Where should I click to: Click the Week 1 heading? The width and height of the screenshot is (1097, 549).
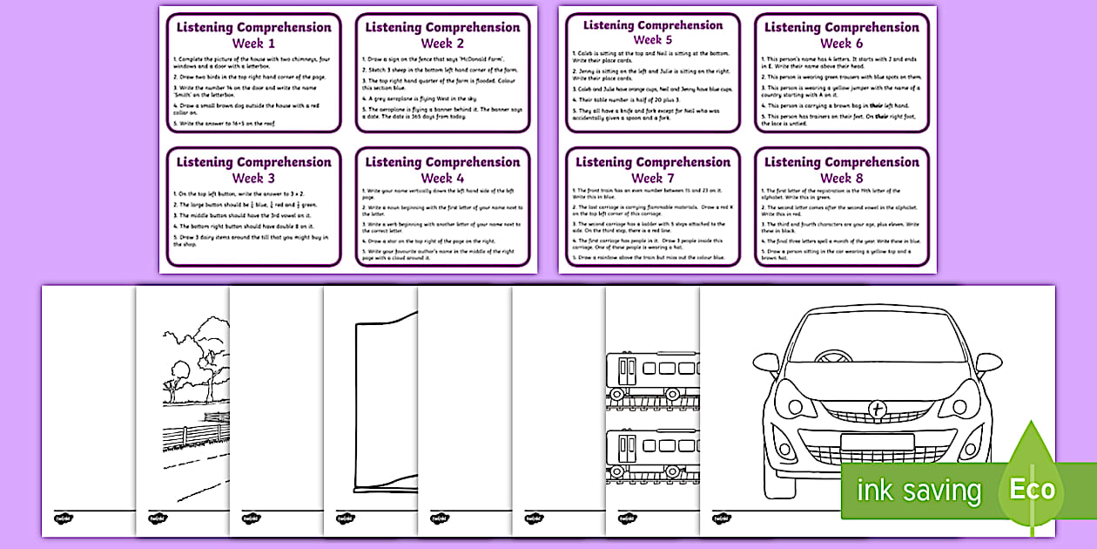pos(253,44)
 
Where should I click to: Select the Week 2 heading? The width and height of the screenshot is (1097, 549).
pos(442,44)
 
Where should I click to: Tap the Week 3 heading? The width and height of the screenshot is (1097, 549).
pos(253,178)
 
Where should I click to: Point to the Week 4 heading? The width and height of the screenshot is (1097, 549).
pos(442,178)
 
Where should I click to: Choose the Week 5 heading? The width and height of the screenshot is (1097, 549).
pos(652,40)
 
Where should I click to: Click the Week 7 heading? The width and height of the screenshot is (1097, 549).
pos(652,178)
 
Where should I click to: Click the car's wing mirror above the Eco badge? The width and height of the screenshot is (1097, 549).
pos(988,362)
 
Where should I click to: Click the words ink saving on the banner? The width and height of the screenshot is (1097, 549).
pos(919,491)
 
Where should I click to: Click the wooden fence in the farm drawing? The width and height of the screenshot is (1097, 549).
pos(192,430)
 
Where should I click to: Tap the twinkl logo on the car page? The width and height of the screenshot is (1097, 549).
pos(722,518)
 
